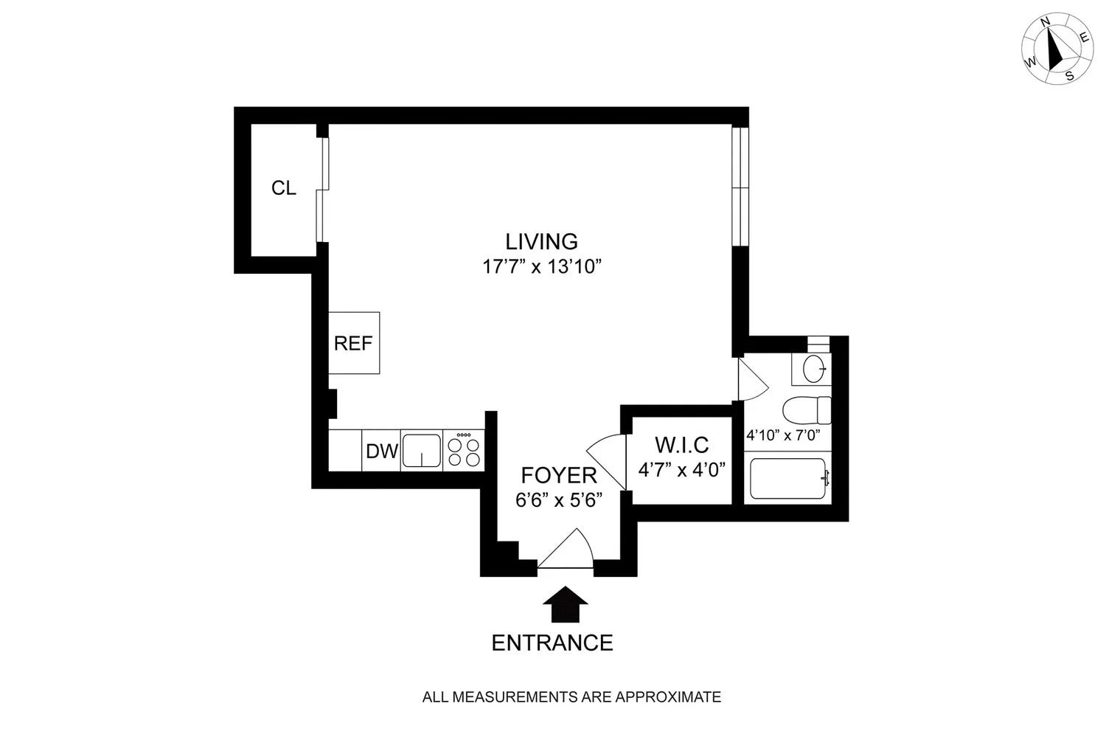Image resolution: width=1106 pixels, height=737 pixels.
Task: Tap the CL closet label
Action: tap(284, 188)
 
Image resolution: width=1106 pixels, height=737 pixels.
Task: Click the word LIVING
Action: tap(541, 241)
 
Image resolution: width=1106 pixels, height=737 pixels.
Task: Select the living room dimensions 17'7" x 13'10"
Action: tap(543, 266)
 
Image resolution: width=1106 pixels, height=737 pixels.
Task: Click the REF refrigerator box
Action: tap(354, 343)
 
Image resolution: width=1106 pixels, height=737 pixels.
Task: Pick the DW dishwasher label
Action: tap(382, 451)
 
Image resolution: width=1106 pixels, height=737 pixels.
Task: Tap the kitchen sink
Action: tap(421, 451)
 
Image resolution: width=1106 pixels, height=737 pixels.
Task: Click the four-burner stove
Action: tap(464, 451)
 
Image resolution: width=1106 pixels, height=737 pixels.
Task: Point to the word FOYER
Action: tap(558, 474)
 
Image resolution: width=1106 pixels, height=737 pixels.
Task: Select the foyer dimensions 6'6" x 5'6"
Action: tap(560, 499)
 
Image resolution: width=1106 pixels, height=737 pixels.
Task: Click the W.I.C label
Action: tap(681, 445)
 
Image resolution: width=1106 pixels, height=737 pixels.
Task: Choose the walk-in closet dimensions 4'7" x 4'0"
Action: tap(681, 469)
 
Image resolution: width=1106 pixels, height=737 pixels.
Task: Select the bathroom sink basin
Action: tap(815, 369)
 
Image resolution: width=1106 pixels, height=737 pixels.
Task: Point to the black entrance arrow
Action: tap(565, 606)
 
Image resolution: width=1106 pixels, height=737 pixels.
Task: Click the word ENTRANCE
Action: tap(552, 643)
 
